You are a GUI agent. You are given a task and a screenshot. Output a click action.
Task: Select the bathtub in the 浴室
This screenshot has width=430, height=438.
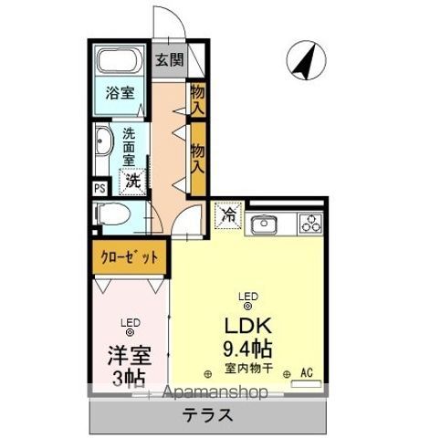coord(118,65)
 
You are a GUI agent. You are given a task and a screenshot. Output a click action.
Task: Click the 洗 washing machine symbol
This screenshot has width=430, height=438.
coord(133,180)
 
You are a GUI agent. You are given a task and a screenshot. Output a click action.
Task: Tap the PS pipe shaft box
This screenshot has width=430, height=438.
coord(99,189)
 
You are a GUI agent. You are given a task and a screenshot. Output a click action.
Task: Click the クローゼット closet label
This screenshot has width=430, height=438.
coord(129,257)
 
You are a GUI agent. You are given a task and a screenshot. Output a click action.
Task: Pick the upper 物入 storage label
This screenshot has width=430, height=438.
coord(198,99)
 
